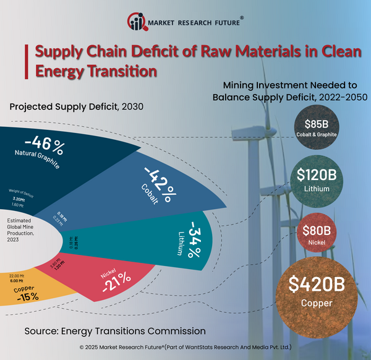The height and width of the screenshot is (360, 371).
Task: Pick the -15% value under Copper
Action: pyautogui.click(x=28, y=296)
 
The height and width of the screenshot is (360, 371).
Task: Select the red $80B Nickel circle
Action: pyautogui.click(x=316, y=234)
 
